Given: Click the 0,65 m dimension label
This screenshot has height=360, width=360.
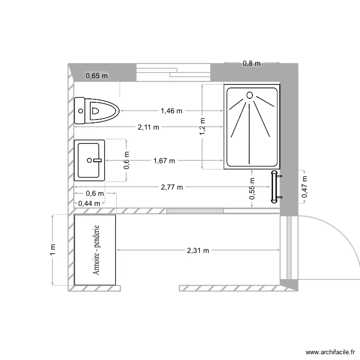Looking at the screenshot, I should [96, 75].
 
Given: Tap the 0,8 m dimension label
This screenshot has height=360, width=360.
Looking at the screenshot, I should [252, 63].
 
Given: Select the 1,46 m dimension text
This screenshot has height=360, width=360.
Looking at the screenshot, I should [171, 111].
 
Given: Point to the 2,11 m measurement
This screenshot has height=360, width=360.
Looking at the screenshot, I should [148, 127].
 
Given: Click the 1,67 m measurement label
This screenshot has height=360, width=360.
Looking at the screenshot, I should [164, 161].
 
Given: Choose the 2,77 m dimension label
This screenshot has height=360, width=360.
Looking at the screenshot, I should [172, 187].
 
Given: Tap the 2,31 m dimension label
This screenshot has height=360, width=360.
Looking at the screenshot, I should [198, 250].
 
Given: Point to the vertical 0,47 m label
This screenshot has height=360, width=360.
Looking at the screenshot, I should [304, 187].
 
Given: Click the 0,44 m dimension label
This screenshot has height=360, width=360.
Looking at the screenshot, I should [89, 203].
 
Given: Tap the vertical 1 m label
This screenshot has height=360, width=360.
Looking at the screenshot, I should [53, 249].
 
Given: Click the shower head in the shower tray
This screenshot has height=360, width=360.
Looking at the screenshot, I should [249, 95].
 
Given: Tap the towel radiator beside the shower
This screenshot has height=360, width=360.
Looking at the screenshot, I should [274, 186].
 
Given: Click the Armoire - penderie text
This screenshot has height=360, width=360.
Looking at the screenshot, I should [96, 250].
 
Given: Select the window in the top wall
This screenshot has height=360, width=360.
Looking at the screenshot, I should [173, 72].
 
